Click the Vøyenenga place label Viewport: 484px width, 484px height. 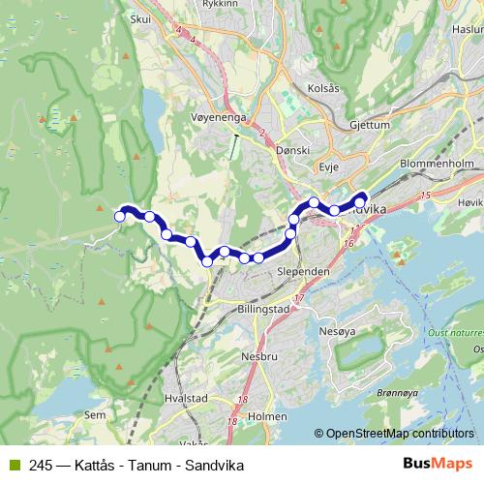click(x=222, y=119)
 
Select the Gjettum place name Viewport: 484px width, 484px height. click(x=371, y=125)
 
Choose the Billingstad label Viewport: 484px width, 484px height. click(x=261, y=309)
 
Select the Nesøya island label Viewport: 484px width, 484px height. click(x=337, y=332)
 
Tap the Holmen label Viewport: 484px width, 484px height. click(x=267, y=417)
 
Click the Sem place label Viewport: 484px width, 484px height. click(x=95, y=415)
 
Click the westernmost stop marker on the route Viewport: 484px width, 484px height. click(x=120, y=217)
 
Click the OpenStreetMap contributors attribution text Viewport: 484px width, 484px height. click(x=394, y=434)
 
